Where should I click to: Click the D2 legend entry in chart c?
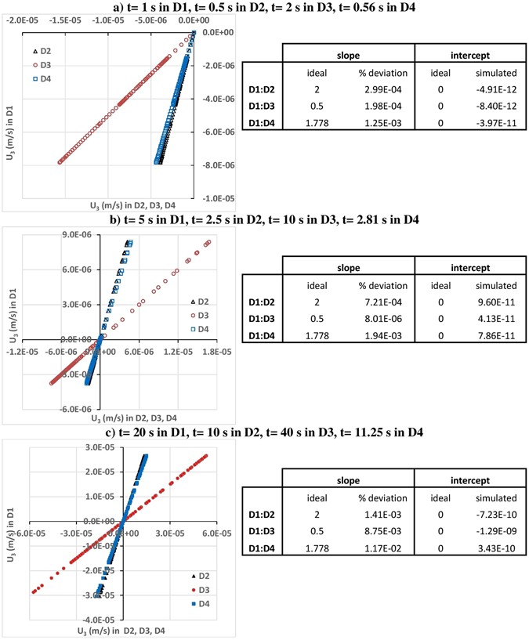(177, 576)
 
